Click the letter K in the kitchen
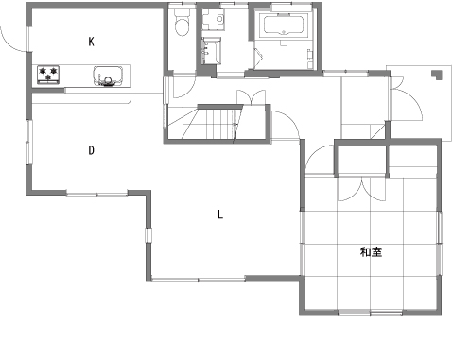coord(91,42)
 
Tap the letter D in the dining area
coord(91,150)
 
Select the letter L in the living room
coord(220,214)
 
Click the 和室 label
coord(371,252)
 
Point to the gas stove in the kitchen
coord(48,75)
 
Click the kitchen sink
coord(108,76)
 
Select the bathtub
coord(284,26)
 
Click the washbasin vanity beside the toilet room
coord(211,51)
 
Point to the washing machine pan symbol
coord(213,19)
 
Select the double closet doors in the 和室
coord(361,189)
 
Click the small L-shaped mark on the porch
coord(437,75)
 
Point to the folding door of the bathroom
coord(258,59)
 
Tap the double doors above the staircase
coord(251,96)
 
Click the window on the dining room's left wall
coord(29,142)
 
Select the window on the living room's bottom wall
coord(199,279)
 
